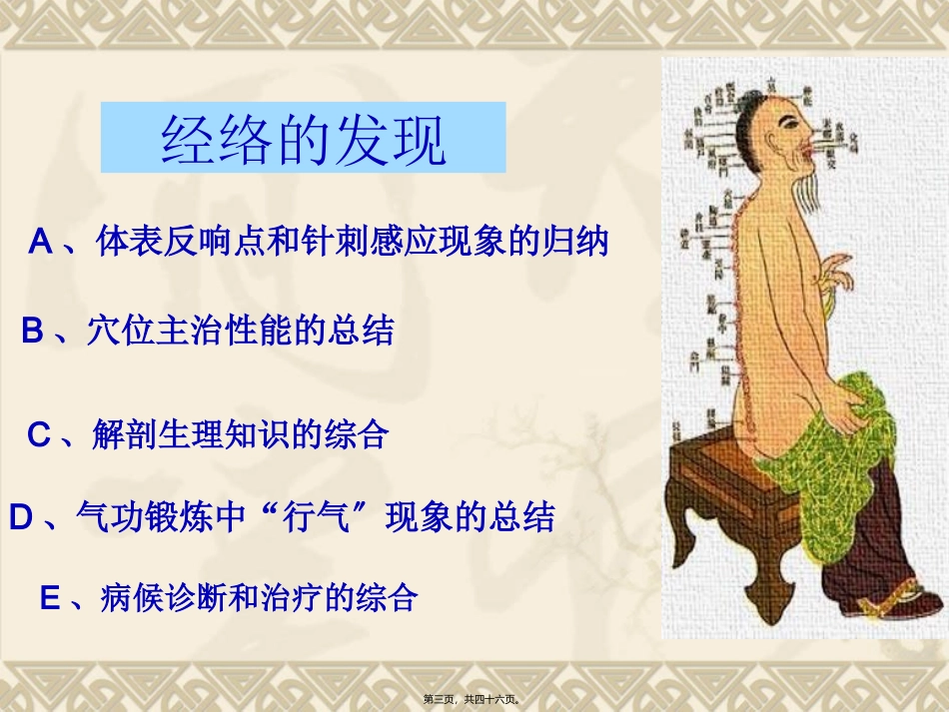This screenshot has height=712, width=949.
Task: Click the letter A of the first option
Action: click(x=40, y=242)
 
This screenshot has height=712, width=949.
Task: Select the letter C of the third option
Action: click(x=38, y=435)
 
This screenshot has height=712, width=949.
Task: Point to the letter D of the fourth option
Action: click(x=21, y=517)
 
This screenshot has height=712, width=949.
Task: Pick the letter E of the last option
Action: click(x=50, y=598)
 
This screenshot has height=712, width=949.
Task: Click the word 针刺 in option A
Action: click(x=332, y=242)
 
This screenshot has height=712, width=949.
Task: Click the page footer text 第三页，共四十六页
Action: click(x=474, y=700)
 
